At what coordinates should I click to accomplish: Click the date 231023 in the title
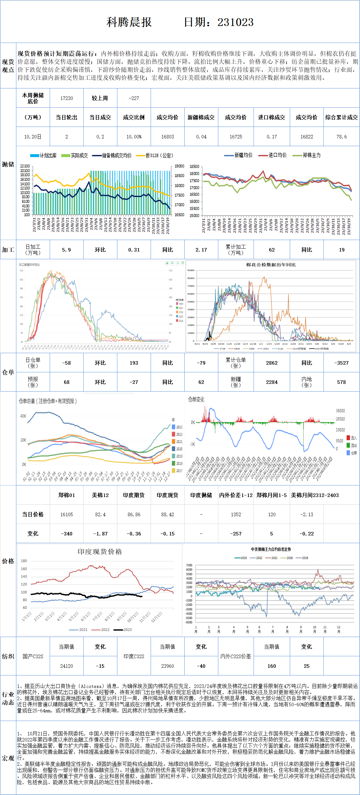click(235, 22)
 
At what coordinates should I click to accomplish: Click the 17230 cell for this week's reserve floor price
click(67, 98)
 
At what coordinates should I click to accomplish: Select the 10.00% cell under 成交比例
click(134, 137)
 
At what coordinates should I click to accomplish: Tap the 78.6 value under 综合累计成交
click(341, 137)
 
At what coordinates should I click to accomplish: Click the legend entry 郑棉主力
click(311, 155)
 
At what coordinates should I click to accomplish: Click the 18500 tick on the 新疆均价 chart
click(194, 167)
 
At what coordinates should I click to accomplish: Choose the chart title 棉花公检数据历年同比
click(271, 265)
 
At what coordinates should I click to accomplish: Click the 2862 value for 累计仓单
click(272, 363)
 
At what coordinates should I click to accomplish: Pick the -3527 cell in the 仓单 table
click(341, 363)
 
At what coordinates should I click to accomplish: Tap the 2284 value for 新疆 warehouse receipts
click(272, 382)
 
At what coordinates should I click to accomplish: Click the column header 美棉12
click(100, 495)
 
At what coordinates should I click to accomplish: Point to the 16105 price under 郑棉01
click(67, 515)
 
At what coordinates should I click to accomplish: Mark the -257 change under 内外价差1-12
click(236, 534)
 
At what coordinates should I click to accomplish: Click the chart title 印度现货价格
click(100, 552)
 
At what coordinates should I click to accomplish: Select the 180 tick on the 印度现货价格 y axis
click(24, 561)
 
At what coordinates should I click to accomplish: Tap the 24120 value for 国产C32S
click(67, 666)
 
